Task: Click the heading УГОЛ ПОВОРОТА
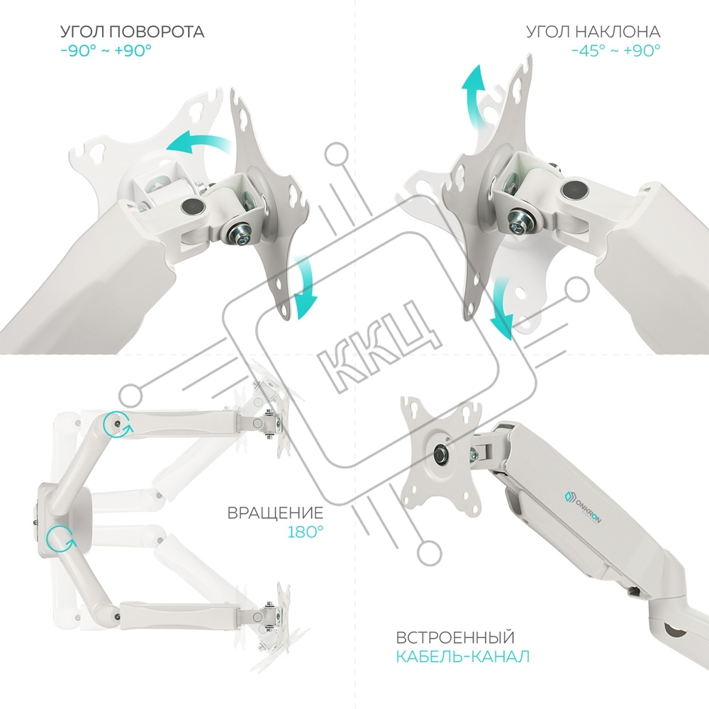click(133, 32)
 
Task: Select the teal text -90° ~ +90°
click(106, 50)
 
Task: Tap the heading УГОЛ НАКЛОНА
click(593, 32)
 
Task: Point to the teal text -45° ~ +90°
click(615, 50)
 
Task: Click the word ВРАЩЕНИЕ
click(275, 513)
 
